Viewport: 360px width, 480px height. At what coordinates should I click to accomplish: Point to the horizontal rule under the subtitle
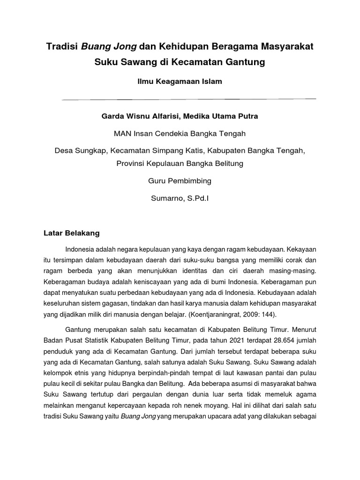(189, 99)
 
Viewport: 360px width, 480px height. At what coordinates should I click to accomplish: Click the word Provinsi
(132, 164)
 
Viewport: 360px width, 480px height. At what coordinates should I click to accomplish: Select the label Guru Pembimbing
(180, 180)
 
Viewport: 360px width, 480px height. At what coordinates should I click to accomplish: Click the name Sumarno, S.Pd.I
(180, 198)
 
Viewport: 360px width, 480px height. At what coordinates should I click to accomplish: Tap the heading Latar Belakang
(72, 232)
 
